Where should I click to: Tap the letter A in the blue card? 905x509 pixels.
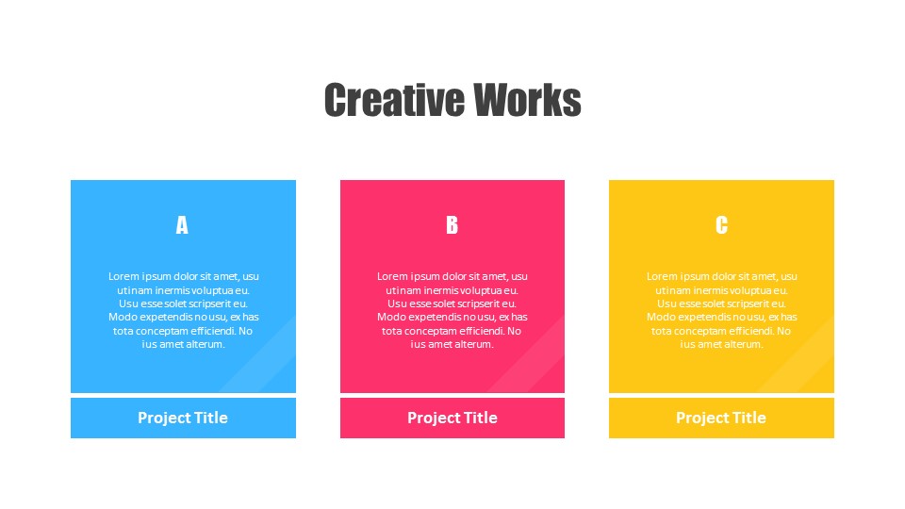coord(182,225)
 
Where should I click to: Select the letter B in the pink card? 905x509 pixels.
coord(452,225)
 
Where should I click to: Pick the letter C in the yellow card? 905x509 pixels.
coord(721,225)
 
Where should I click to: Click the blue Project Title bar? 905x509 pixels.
coord(183,418)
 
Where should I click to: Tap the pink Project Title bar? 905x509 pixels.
coord(452,418)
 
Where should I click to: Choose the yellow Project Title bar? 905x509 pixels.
coord(721,418)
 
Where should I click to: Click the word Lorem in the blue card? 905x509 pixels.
coord(123,276)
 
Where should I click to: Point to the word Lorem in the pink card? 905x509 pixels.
coord(392,276)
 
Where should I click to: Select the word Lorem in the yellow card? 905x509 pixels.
coord(662,276)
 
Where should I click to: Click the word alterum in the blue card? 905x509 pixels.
coord(205,344)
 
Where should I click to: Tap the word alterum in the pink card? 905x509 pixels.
coord(474,344)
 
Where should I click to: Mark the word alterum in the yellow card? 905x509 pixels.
coord(743,344)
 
